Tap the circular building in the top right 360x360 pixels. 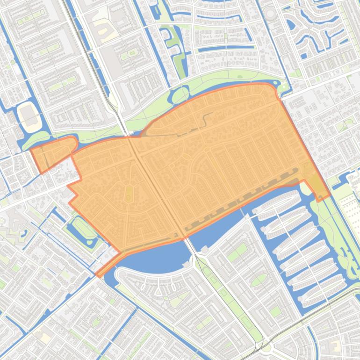[270, 14]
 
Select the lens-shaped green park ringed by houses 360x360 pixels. [259, 280]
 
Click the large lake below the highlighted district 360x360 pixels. [154, 255]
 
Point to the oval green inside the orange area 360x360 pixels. [129, 193]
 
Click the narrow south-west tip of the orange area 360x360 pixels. [101, 272]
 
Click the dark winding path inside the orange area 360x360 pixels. [206, 119]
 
